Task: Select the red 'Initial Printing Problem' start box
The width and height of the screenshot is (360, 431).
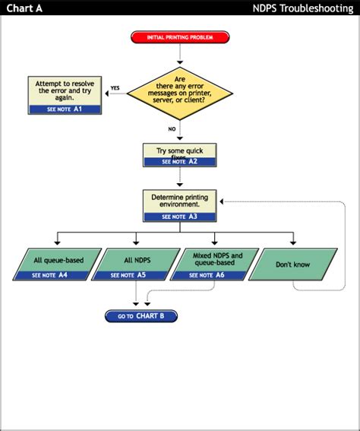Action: (x=180, y=36)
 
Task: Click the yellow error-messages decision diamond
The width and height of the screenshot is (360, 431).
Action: (x=180, y=93)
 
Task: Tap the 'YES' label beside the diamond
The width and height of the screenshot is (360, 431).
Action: (x=115, y=88)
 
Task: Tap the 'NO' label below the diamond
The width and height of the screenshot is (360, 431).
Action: (x=172, y=129)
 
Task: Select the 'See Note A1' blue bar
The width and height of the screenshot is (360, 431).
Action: (x=65, y=109)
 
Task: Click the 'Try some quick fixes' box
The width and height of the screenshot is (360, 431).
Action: (x=179, y=151)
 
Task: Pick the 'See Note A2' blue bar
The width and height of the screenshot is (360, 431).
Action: (x=179, y=162)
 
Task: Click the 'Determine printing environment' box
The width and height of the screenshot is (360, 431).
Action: (x=179, y=201)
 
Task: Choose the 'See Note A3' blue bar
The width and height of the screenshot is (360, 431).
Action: (x=179, y=217)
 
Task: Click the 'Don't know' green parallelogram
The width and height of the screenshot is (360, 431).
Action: (x=292, y=265)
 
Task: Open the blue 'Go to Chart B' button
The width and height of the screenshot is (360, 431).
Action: (x=141, y=315)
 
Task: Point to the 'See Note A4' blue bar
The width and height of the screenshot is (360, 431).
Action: (x=50, y=275)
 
